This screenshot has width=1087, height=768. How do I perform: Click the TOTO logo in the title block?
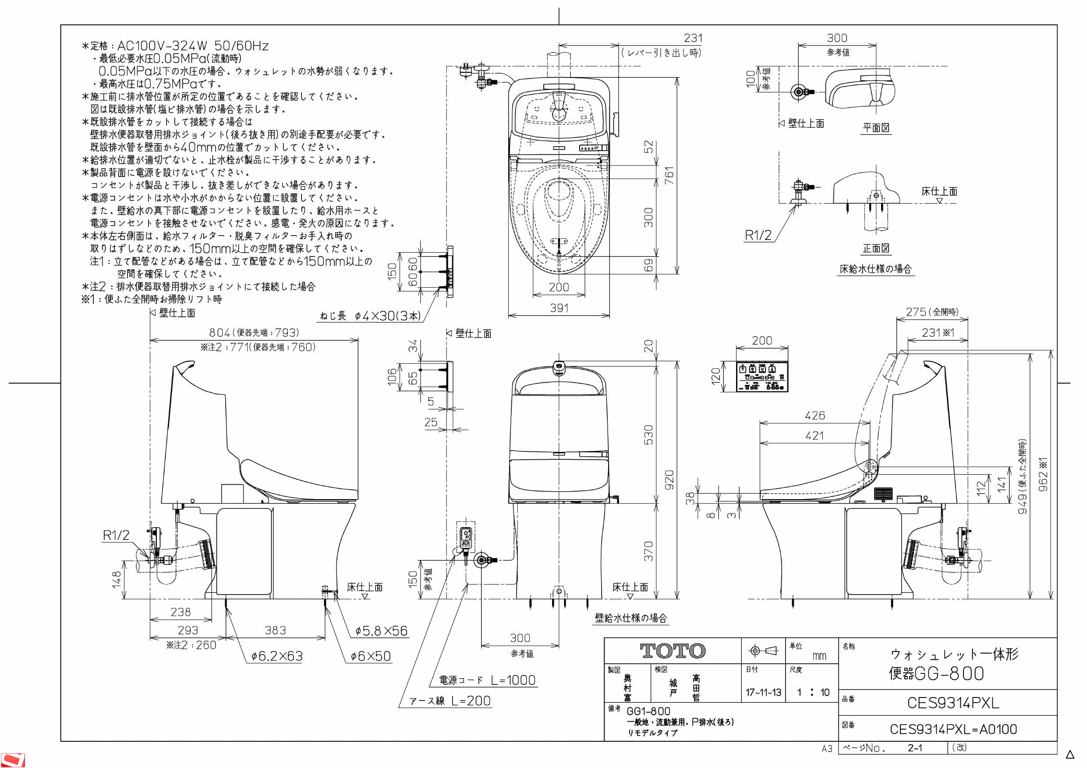pos(672,651)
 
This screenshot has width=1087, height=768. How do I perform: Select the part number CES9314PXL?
pos(952,703)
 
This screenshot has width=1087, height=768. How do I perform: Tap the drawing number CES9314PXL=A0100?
pos(953,729)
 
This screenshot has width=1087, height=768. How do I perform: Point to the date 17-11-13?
pos(763,692)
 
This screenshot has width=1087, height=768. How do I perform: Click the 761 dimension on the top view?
pos(669,175)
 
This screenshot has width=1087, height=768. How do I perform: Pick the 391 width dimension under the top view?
pos(559,308)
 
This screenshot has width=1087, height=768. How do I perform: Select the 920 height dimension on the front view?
pos(669,479)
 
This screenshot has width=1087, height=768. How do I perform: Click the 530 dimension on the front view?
pos(648,434)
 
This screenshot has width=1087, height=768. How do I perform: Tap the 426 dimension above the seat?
pos(815,416)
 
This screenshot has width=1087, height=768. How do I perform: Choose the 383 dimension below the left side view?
pos(275,631)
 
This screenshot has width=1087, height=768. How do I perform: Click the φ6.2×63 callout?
pos(277,656)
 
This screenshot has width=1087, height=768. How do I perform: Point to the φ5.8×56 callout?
pos(382,631)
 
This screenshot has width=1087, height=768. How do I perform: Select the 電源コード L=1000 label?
pos(487,680)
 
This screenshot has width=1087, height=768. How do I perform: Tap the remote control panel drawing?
pos(762,376)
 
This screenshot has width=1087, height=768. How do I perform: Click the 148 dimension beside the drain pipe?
pos(117,580)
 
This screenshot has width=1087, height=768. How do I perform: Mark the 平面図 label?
pos(876,128)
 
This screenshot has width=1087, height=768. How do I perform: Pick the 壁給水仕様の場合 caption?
pos(630,618)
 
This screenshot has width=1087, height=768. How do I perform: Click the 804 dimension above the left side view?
pos(220,333)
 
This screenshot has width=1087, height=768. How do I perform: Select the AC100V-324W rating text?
pos(163,46)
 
